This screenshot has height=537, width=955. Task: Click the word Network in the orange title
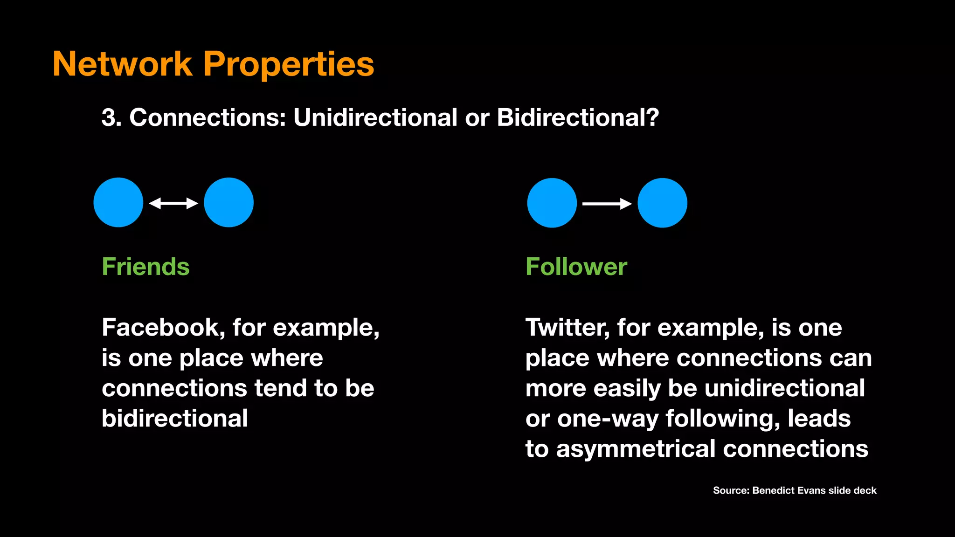click(123, 64)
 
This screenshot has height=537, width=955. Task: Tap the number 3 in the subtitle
click(108, 117)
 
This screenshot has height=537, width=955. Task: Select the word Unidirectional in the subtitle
click(375, 117)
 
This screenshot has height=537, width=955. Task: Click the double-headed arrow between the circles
click(173, 203)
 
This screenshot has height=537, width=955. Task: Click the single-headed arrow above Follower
click(607, 204)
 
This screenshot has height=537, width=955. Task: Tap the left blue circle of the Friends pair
click(118, 202)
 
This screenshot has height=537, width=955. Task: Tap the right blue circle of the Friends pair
click(228, 202)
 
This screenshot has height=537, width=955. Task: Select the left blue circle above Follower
click(552, 203)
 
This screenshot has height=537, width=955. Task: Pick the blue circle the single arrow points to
click(662, 203)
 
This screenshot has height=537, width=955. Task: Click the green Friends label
click(145, 267)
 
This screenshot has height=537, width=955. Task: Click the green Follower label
click(576, 267)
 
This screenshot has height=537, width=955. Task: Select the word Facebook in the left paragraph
click(160, 327)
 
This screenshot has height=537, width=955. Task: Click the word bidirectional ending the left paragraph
click(175, 418)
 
